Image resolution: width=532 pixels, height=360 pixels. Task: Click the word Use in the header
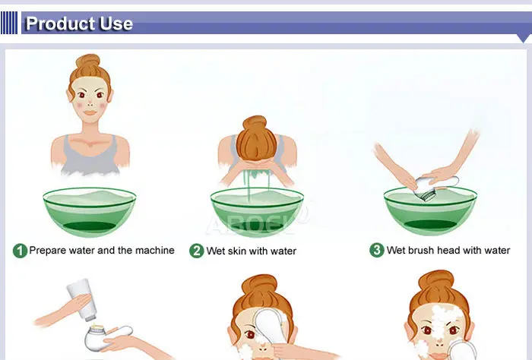tap(116, 24)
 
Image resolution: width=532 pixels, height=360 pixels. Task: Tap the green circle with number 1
tap(20, 251)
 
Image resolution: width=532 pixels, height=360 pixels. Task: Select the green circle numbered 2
tap(196, 251)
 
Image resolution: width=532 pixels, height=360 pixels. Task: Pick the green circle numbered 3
tap(377, 250)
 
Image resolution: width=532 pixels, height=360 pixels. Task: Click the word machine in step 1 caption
tap(155, 250)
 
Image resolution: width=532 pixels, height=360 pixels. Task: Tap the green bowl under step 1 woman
tap(90, 212)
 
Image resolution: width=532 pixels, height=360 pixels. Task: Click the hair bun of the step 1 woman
tap(88, 61)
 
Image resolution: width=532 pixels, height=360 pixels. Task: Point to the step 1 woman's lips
tap(90, 113)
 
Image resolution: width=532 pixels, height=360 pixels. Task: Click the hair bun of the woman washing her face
tap(255, 122)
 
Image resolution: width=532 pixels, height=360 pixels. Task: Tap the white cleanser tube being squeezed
tap(82, 299)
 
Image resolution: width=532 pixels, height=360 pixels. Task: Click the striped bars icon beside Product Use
tap(9, 23)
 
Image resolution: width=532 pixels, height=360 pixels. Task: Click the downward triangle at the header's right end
tap(524, 38)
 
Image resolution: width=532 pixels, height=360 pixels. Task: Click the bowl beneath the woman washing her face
tap(257, 212)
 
